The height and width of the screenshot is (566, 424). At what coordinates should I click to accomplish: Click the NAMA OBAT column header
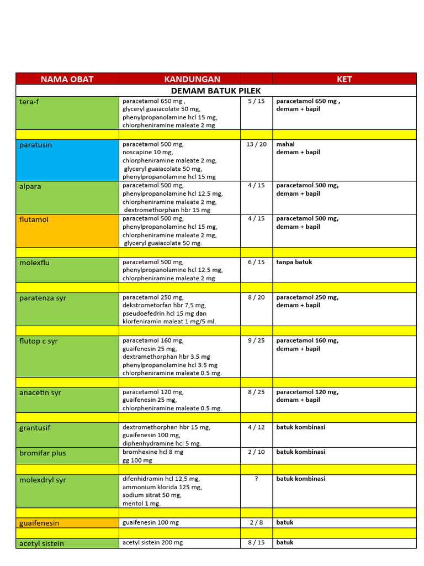coord(67,79)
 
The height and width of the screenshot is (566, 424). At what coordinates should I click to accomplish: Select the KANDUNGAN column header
coord(192,79)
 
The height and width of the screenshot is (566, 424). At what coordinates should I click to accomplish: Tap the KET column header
coord(344,79)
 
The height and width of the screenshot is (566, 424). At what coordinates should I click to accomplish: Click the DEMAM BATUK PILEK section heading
coord(216,91)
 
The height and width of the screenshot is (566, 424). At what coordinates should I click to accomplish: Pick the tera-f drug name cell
coord(67,113)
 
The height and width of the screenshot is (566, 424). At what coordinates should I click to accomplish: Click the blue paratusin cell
coord(67,160)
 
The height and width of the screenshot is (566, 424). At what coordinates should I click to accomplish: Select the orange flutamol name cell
coord(67,230)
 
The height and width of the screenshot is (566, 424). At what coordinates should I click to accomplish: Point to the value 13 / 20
coord(256,144)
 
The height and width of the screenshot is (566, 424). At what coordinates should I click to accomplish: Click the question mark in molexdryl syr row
coord(256,479)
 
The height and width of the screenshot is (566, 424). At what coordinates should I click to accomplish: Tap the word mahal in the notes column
coord(285,144)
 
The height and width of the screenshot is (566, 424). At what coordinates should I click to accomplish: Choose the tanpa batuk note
coord(294,262)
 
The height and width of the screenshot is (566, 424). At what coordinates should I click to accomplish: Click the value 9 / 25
coord(256,341)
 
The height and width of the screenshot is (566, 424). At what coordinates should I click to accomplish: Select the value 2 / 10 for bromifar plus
coord(256,452)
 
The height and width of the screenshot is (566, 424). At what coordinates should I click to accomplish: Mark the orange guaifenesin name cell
coord(67,523)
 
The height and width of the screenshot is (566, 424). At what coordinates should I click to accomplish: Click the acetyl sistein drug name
coord(42,543)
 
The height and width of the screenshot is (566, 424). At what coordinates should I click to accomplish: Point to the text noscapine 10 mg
coord(147,152)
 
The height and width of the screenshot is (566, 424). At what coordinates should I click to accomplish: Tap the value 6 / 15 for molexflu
coord(256,262)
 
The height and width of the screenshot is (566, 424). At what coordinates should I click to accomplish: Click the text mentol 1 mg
coord(142,504)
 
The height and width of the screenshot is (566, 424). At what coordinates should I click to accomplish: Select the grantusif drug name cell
coord(67,435)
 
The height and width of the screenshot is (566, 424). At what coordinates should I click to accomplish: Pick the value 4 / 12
coord(256,427)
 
